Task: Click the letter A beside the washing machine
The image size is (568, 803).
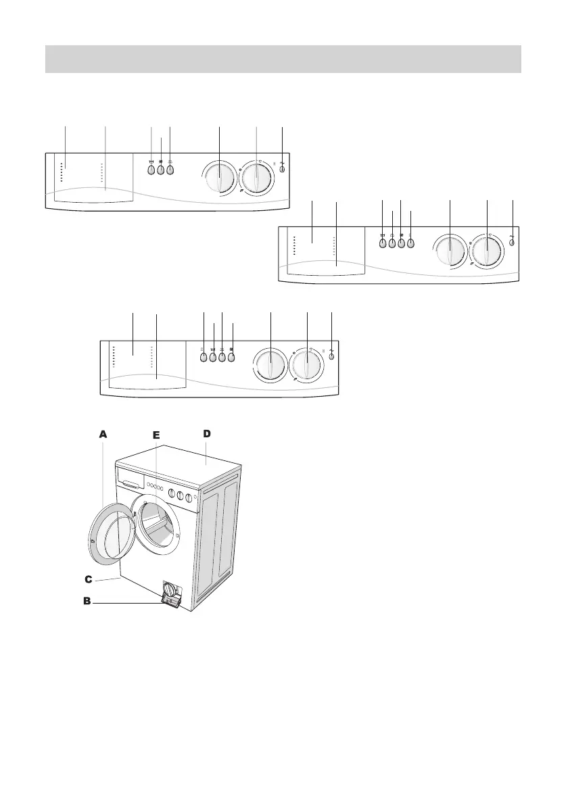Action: click(x=103, y=435)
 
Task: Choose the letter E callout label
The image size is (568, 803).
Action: click(x=156, y=436)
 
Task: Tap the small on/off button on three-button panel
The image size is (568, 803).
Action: click(x=281, y=170)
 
